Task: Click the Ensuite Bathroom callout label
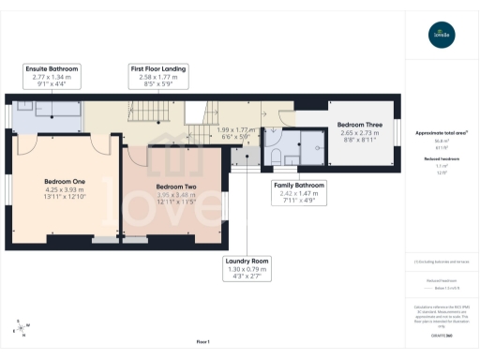[52, 69]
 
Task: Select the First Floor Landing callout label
[157, 69]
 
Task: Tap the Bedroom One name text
[65, 181]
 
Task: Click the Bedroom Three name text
[359, 125]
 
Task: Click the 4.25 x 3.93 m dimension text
[65, 189]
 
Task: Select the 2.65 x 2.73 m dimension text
[359, 133]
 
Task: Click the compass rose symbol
[20, 328]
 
